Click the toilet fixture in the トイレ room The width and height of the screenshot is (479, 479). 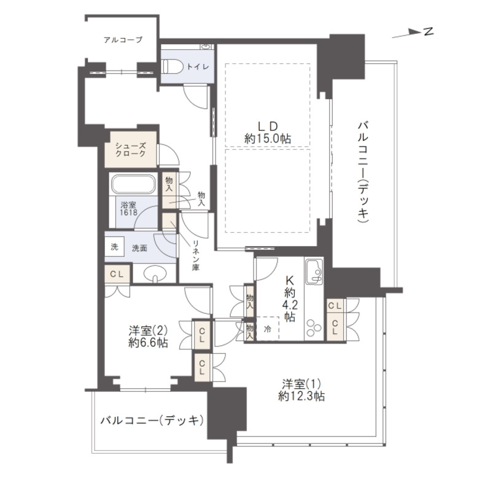(172, 66)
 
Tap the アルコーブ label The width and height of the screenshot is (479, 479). (123, 40)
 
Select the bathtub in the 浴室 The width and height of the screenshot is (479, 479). (133, 184)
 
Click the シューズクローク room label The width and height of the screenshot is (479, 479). (130, 150)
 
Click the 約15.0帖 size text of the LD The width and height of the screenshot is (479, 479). (268, 139)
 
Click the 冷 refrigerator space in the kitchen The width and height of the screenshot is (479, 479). (268, 329)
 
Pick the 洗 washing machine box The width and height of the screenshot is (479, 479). (114, 246)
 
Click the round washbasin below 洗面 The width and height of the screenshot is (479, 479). (155, 273)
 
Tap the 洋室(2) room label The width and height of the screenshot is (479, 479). (148, 330)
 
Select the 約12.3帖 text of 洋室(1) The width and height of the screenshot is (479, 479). (301, 396)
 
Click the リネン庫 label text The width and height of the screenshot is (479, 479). (196, 255)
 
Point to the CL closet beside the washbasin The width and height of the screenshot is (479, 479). (117, 274)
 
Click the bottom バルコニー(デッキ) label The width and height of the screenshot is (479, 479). (152, 421)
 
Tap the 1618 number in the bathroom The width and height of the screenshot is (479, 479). (128, 212)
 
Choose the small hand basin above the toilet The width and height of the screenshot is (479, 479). (206, 47)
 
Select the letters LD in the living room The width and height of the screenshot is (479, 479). (268, 126)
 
